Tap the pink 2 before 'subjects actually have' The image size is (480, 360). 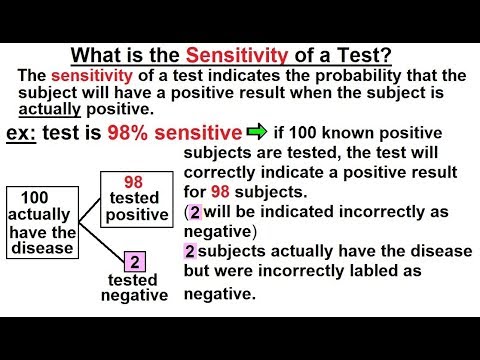190,249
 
